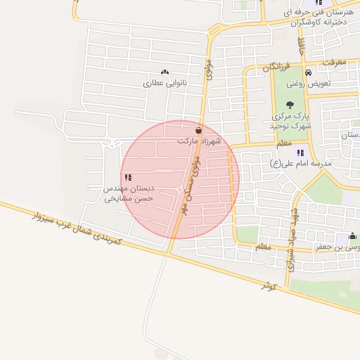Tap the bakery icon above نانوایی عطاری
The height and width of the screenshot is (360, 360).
(165, 72)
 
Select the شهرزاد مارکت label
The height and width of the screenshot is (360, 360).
(199, 141)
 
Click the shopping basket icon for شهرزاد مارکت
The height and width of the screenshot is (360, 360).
(199, 129)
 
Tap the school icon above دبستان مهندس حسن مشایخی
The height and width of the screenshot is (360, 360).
(127, 177)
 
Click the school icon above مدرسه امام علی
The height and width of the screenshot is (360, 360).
(300, 152)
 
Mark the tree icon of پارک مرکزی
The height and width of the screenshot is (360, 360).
(290, 104)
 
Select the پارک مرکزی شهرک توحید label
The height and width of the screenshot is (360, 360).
(290, 120)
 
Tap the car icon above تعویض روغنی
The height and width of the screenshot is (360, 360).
(308, 72)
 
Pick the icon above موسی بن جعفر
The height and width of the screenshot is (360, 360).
(352, 236)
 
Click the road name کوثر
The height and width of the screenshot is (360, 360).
(270, 285)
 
